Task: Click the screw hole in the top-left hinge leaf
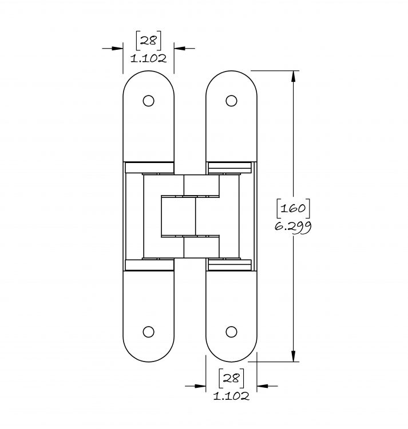[x=148, y=101]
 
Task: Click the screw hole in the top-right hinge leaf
[x=231, y=101]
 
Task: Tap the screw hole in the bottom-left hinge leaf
[x=148, y=332]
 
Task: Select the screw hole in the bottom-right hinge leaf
[x=231, y=332]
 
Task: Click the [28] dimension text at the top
[x=148, y=41]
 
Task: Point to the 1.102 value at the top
[x=148, y=58]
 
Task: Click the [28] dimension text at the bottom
[x=231, y=378]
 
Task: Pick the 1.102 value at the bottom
[x=231, y=396]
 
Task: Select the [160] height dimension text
[x=293, y=208]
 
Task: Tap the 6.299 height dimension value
[x=293, y=227]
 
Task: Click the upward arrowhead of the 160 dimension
[x=294, y=76]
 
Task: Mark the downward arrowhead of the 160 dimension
[x=294, y=356]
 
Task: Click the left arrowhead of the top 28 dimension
[x=117, y=49]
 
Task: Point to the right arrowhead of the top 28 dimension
[x=180, y=49]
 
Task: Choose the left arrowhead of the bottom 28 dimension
[x=200, y=386]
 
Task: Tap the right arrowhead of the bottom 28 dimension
[x=263, y=386]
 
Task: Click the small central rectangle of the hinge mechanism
[x=179, y=216]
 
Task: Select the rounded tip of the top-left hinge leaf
[x=148, y=71]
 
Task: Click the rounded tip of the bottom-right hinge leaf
[x=231, y=361]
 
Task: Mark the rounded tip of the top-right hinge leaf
[x=231, y=71]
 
